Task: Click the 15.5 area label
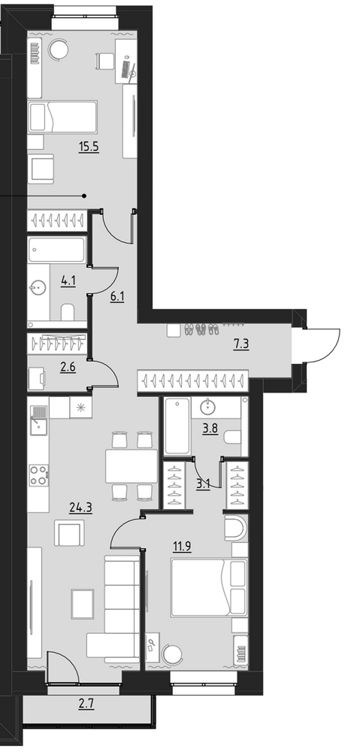(89, 147)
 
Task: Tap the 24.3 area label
(81, 508)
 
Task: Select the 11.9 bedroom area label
(182, 546)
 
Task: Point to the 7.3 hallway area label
(241, 344)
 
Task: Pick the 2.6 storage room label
(68, 368)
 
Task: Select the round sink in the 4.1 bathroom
(38, 288)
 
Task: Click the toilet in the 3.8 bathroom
(232, 437)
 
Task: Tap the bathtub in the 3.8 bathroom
(177, 426)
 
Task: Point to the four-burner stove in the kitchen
(39, 475)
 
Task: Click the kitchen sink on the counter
(39, 420)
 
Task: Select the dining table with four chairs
(132, 465)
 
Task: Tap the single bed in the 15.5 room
(62, 117)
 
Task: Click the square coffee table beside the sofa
(83, 604)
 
